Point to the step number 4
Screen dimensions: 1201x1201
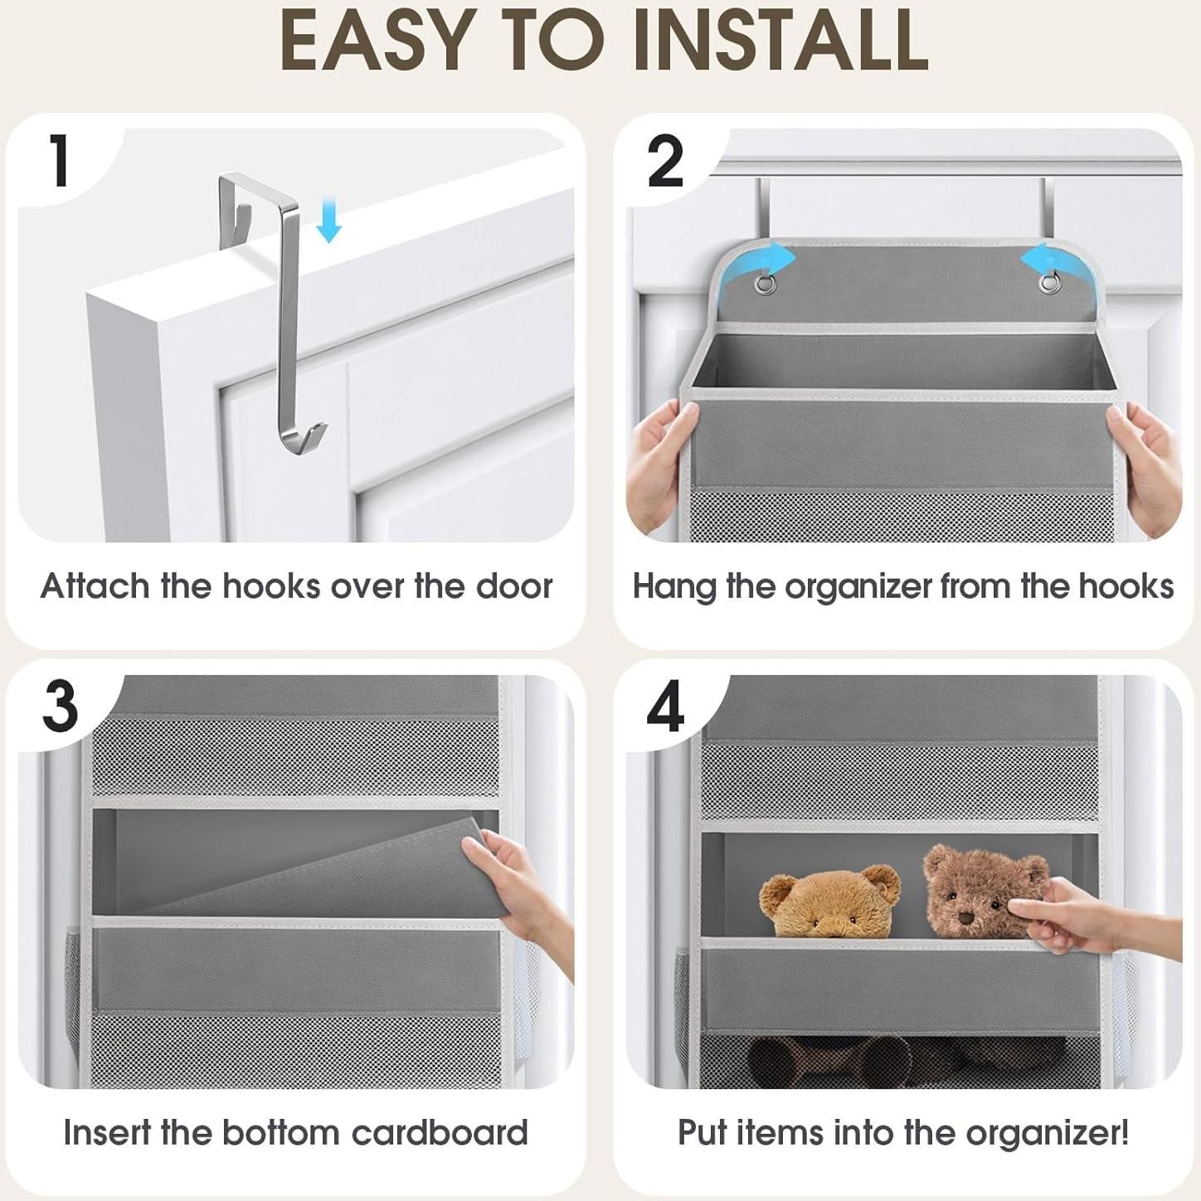[665, 707]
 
